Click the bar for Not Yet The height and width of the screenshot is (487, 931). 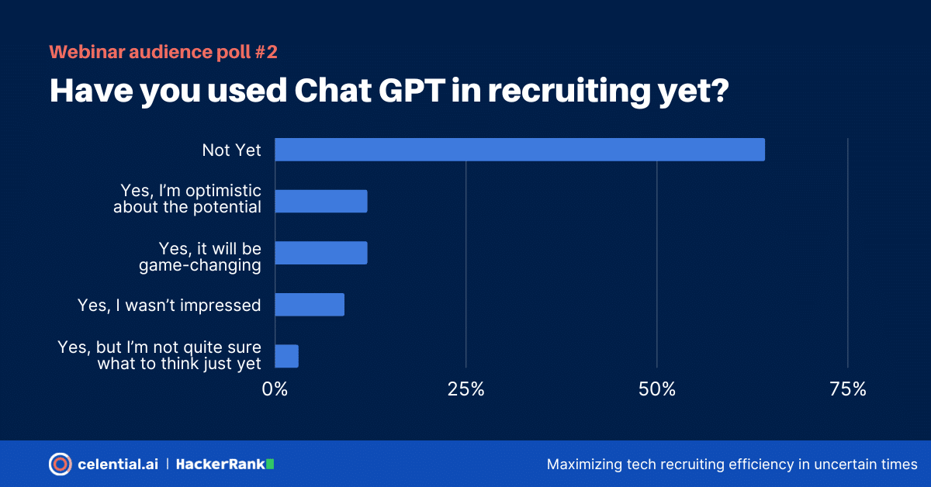coord(520,150)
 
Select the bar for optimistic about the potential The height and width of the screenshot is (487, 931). coord(321,201)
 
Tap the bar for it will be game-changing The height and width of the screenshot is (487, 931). coord(321,253)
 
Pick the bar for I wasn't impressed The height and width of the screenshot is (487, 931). coord(310,305)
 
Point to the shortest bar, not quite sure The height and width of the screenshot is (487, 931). coord(286,356)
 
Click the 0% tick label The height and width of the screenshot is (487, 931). coord(275,389)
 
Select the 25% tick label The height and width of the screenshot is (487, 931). coord(466,389)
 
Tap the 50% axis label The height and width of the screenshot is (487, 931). coord(657,389)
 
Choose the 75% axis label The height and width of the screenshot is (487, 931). coord(848,389)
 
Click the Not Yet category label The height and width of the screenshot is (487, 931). coord(231,150)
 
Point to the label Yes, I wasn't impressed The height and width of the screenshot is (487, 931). coord(169,306)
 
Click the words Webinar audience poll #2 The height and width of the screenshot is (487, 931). coord(163,53)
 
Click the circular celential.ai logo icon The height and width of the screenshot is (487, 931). coord(60,464)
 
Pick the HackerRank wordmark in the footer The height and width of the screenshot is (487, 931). coord(220,464)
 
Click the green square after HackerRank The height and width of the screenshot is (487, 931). coord(270,464)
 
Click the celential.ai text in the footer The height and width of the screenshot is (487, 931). coord(118,464)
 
